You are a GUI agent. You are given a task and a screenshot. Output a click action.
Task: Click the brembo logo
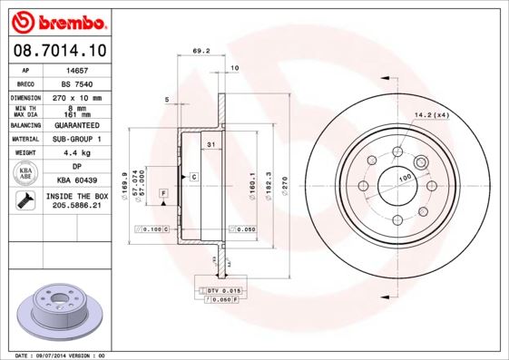pos(59,19)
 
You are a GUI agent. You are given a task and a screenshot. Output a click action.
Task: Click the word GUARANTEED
pos(73,124)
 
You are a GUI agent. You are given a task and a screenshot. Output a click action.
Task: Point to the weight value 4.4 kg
pos(73,153)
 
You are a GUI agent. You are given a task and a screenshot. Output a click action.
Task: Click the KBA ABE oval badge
pos(26,173)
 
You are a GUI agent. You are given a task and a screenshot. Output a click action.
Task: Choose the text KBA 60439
pos(73,180)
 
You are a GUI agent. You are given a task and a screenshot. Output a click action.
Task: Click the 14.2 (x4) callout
pos(432,113)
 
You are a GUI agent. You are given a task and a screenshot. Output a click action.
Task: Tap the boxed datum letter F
pos(163,193)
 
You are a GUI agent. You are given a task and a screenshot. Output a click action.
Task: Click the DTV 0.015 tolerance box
pos(217,289)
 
